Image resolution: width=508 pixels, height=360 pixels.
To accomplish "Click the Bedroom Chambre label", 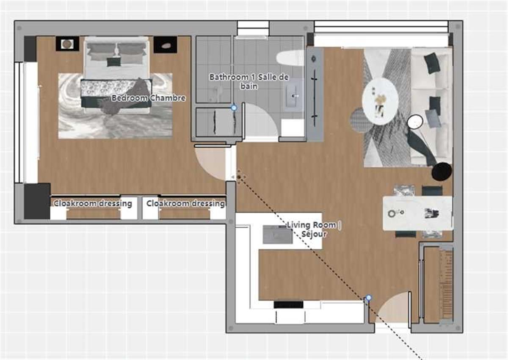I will click(x=148, y=98).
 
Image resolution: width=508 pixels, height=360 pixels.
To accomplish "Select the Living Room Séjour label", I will click(x=313, y=229).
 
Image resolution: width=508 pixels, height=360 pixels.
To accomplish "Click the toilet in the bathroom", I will click(x=290, y=58).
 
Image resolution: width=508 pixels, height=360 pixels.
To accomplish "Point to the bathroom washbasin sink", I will click(x=294, y=96).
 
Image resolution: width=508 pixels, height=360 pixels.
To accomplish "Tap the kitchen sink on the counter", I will click(x=277, y=235).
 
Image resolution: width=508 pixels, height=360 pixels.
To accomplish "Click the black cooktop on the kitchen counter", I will click(x=288, y=305).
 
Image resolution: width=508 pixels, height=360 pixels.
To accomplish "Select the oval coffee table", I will click(x=380, y=101).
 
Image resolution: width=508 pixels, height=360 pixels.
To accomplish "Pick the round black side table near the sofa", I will click(x=442, y=171).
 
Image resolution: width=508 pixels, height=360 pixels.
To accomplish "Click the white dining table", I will click(x=417, y=213).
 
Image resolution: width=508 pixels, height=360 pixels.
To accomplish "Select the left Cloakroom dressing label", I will click(x=93, y=204).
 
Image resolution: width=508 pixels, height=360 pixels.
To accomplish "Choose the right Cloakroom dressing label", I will click(x=185, y=204).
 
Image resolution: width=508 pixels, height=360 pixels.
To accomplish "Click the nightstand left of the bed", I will click(x=67, y=44).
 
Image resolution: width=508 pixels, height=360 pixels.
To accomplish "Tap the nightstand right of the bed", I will click(x=165, y=44).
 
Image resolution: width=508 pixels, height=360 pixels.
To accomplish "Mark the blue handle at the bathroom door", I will click(x=234, y=108).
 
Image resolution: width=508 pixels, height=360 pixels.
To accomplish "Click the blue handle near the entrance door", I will click(x=368, y=298).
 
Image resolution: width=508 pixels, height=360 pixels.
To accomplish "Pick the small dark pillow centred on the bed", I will click(x=113, y=62).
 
